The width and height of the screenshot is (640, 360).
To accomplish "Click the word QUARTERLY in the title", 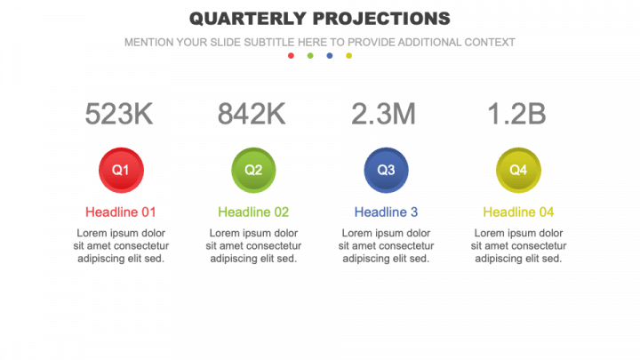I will pos(243,19).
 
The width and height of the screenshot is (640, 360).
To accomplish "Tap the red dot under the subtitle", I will pos(291,56).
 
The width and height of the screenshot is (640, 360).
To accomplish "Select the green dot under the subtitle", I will pos(310,56).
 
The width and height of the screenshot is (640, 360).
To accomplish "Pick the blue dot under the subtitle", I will pos(330,56).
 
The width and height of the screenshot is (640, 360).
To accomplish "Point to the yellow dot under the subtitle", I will pos(349,56).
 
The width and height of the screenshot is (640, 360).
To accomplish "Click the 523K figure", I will pos(120,114).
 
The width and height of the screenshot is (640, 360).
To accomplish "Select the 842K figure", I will pos(252,114).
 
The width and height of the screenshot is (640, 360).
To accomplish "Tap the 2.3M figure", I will pos(384,114).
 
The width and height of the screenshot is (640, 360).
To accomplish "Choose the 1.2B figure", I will pos(517,114).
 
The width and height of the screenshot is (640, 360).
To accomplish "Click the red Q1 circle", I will pos(121,169).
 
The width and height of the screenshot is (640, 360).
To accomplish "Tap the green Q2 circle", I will pos(253,169).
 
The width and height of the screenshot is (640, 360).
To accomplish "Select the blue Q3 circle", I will pos(386,169).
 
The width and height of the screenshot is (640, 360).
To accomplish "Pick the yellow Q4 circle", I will pos(518,169).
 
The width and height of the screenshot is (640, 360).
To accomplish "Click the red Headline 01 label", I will pos(121,212).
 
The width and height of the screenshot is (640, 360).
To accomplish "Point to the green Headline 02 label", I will pos(253,212).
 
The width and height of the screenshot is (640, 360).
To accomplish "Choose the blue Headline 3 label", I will pos(386,212).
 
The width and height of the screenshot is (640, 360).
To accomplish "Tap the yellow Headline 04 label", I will pos(518,212).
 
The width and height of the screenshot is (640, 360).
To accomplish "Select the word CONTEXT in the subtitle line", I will pos(490,42).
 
